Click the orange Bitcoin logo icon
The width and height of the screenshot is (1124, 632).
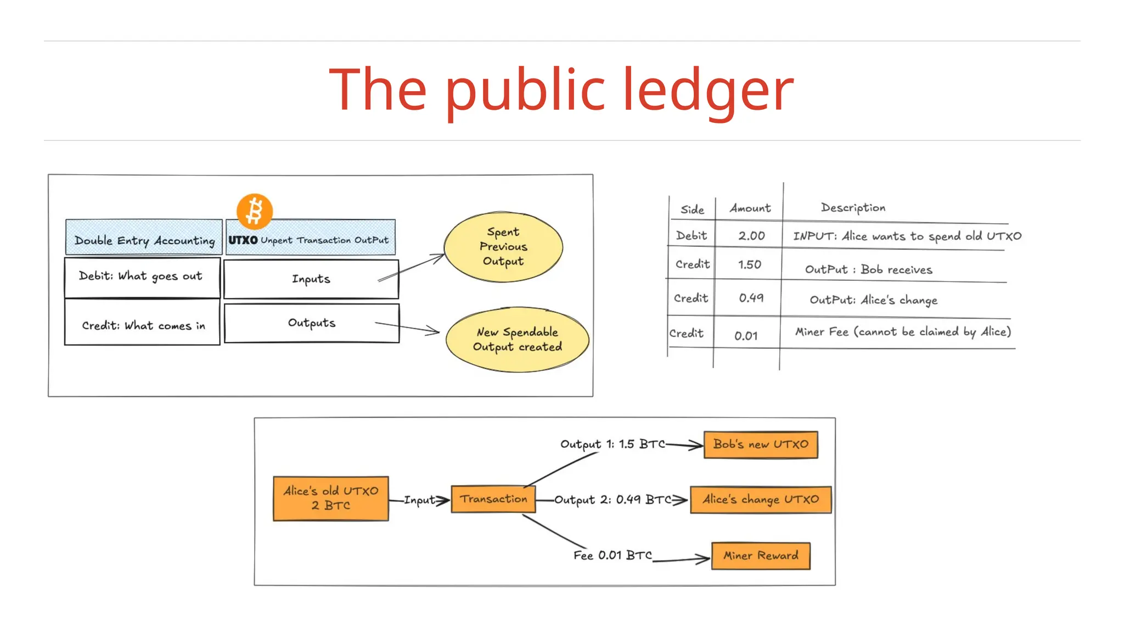tap(255, 211)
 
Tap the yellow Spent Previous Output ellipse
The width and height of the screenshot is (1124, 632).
tap(503, 247)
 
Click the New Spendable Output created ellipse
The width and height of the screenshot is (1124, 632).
tap(517, 340)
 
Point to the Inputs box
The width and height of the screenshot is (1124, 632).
tap(311, 279)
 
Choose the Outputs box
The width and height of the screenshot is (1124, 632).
tap(312, 323)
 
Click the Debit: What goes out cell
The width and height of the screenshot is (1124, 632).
tap(142, 277)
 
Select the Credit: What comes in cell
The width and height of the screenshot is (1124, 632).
tap(143, 325)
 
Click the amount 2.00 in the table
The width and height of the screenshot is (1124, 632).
tap(751, 236)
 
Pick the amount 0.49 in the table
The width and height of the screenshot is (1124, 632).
tap(751, 298)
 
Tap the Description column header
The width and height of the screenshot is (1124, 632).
tap(853, 208)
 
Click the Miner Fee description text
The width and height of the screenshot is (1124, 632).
tap(903, 332)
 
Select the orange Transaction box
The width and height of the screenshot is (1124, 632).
tap(493, 499)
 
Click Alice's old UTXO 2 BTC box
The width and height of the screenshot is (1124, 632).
tap(331, 498)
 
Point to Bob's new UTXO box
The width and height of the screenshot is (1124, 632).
tap(761, 444)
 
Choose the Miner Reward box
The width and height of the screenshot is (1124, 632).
tap(761, 556)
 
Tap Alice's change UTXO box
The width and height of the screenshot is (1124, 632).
tap(761, 499)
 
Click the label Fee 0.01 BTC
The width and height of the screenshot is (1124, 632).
tap(612, 555)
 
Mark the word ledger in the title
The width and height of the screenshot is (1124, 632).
tap(708, 91)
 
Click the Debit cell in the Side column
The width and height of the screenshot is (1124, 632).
tap(692, 236)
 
